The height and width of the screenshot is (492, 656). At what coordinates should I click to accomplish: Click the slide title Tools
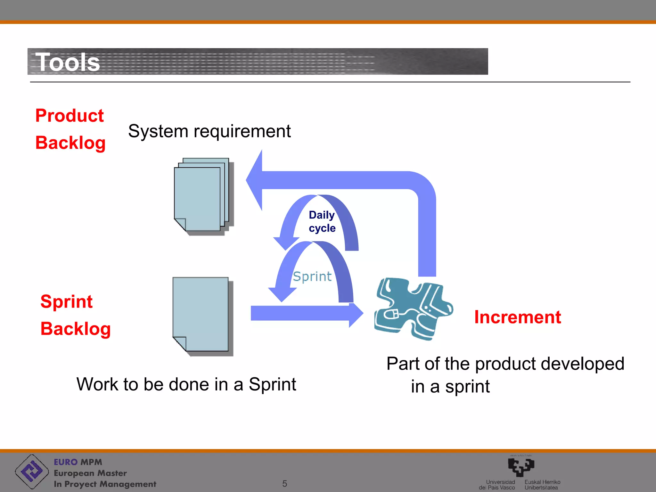tap(68, 62)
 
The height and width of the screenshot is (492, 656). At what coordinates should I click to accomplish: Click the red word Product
tap(70, 116)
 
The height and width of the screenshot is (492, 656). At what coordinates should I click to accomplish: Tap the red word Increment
tap(517, 317)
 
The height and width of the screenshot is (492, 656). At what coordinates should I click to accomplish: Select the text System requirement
tap(209, 131)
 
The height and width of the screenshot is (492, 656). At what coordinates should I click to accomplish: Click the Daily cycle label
tap(322, 221)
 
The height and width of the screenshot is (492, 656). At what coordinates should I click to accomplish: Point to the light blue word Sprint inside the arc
tap(312, 276)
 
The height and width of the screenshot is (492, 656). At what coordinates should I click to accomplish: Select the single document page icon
tap(201, 315)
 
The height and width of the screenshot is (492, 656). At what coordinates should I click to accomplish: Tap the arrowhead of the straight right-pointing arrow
tap(356, 315)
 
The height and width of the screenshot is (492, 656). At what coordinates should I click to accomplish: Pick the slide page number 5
tap(284, 483)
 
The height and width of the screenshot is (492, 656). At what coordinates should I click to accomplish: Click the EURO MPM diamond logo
tap(32, 471)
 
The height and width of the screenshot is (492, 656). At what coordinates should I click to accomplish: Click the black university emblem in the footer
tap(521, 467)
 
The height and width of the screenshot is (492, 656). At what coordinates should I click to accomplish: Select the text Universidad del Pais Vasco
tap(497, 485)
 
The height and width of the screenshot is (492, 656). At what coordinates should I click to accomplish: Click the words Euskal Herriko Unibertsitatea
tap(542, 485)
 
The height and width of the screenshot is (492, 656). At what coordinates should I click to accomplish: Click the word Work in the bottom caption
tap(97, 384)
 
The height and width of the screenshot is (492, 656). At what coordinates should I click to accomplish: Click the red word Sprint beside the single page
tap(66, 302)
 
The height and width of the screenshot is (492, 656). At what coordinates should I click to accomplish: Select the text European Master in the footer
tap(90, 473)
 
